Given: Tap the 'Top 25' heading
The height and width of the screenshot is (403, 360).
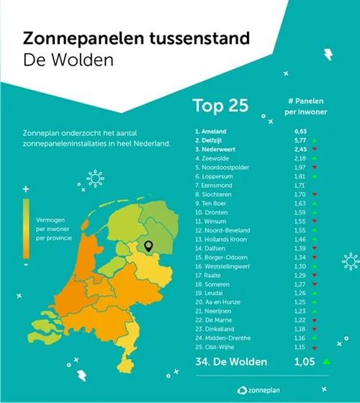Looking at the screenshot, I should pyautogui.click(x=220, y=106).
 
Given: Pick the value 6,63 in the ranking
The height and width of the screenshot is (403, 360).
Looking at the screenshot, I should pyautogui.click(x=300, y=132).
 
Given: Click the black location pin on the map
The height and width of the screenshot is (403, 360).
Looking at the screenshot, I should pyautogui.click(x=148, y=246).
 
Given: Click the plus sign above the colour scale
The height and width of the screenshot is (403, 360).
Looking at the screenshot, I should pyautogui.click(x=26, y=189).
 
